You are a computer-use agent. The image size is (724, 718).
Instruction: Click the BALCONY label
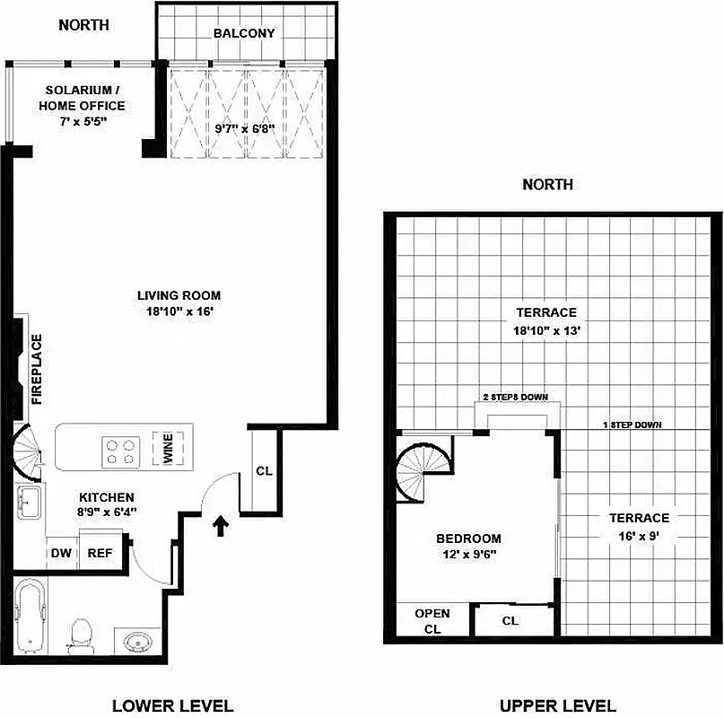(244, 34)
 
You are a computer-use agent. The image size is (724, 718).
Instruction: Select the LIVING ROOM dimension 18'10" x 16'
(179, 311)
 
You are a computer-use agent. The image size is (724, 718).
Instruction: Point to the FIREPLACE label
(38, 369)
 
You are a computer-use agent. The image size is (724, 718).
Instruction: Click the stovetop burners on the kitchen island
(120, 450)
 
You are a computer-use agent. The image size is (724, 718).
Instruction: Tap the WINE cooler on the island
(169, 448)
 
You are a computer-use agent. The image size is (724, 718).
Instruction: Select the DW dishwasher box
(60, 553)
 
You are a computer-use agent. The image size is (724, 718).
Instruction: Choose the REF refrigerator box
(99, 553)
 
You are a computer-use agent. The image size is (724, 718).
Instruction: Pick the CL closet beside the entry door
(264, 470)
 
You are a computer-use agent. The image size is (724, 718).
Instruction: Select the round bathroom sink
(137, 643)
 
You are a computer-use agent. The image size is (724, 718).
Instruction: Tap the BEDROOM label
(467, 538)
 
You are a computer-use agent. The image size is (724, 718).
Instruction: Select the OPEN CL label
(432, 621)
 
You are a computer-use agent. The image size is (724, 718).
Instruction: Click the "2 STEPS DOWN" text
(515, 398)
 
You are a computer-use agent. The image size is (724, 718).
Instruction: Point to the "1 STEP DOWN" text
(632, 425)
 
